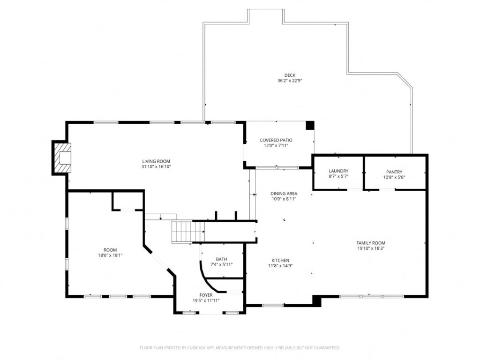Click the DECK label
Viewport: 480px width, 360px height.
pos(290,75)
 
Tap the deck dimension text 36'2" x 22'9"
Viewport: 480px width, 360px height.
pos(290,81)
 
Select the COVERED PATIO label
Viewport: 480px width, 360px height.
pos(276,140)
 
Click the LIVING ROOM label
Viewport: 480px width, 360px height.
pos(156,161)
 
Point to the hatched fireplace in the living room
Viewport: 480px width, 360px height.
pos(62,157)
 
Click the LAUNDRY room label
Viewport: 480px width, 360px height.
pos(338,171)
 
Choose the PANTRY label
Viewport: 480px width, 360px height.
pos(394,172)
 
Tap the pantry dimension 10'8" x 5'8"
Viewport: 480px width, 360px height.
pos(394,177)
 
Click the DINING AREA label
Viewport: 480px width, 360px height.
pos(284,194)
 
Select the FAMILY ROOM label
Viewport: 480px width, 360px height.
pos(371,243)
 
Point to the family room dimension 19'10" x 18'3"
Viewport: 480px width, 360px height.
pos(371,248)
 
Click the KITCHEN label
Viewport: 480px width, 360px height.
pos(280,261)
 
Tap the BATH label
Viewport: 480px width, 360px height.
pos(221,259)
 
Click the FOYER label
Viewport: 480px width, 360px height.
pos(206,295)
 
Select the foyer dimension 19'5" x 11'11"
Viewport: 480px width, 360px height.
pos(206,300)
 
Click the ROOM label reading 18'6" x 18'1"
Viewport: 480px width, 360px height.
pos(110,250)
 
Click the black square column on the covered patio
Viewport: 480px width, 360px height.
pos(310,125)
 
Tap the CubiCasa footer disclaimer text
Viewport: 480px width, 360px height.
pos(240,348)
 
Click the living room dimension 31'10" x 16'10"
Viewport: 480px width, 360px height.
pos(156,167)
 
